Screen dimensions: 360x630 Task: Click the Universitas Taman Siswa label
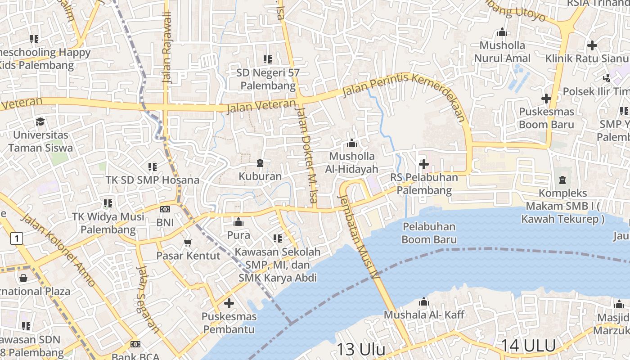click(x=40, y=141)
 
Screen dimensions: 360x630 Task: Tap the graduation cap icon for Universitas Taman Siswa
click(x=40, y=121)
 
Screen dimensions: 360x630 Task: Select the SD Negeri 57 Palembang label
click(x=268, y=79)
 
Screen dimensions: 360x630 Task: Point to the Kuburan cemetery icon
click(x=260, y=162)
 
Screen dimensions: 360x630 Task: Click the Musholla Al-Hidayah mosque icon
click(x=352, y=144)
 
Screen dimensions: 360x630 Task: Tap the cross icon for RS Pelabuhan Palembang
click(x=423, y=164)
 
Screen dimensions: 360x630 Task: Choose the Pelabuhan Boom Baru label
click(x=429, y=233)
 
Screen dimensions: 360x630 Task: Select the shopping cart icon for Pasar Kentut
click(x=188, y=243)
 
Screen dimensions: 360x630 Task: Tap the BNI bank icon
click(x=165, y=209)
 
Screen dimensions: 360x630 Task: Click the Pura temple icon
click(x=238, y=222)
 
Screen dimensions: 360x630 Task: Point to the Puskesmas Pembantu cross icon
click(x=229, y=303)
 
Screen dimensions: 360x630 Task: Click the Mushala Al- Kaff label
click(x=424, y=315)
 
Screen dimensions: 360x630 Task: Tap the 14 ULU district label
click(x=528, y=346)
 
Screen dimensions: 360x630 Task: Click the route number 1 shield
click(x=17, y=238)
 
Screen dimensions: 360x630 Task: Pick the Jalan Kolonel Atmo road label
click(x=58, y=250)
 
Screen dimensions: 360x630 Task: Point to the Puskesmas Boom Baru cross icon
click(x=546, y=98)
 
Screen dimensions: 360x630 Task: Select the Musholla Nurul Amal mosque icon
click(x=502, y=32)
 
